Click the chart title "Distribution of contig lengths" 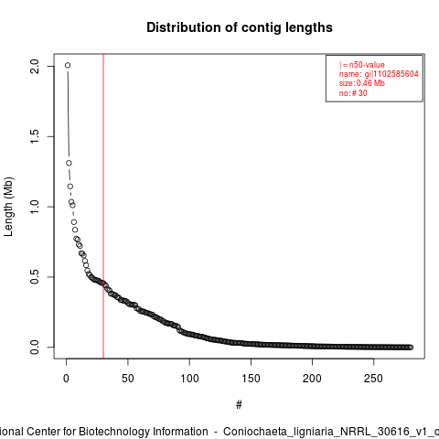point(240,27)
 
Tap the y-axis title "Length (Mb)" point(8,207)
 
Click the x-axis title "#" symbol point(239,405)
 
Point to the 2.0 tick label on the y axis point(35,67)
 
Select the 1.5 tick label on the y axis point(35,136)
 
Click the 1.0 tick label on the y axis point(35,207)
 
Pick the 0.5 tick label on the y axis point(35,277)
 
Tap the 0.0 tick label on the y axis point(35,347)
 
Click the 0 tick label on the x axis point(66,379)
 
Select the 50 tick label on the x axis point(128,379)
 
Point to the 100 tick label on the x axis point(189,379)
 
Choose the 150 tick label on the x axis point(251,379)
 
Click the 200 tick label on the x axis point(312,379)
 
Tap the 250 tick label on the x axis point(374,379)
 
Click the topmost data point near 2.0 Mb point(68,65)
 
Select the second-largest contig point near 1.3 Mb point(69,163)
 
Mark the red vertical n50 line point(103,206)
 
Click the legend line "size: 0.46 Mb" point(362,83)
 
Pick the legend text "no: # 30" point(353,93)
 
